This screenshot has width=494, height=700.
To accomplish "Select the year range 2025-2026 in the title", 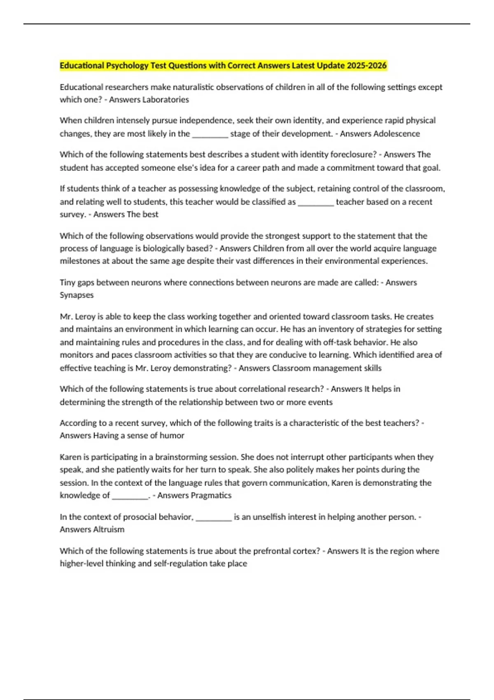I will coord(366,65).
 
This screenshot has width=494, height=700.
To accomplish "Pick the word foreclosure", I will coord(353,154).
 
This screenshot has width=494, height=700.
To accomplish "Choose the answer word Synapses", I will coord(77,295).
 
